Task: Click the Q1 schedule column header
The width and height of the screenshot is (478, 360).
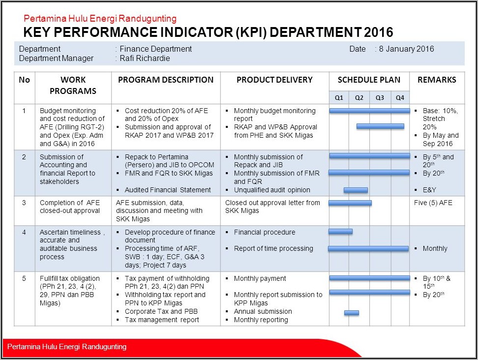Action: coord(339,97)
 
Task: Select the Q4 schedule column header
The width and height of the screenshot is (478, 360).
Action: coord(400,97)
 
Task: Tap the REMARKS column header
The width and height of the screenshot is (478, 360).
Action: coord(437,80)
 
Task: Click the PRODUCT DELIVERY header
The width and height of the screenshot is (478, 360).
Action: coord(274,80)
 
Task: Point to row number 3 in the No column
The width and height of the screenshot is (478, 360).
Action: coord(24,203)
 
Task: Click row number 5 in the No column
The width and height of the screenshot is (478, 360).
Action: coord(24,278)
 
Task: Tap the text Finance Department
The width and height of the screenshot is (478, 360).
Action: coord(156,49)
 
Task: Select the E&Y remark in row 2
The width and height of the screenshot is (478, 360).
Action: coord(429,190)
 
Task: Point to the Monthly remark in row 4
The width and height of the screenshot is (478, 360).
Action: coord(435,248)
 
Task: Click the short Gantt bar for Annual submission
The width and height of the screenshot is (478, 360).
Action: coord(351,313)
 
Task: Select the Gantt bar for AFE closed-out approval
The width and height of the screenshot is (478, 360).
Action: coord(350,203)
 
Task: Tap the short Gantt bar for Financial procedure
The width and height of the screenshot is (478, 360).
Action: coord(340,231)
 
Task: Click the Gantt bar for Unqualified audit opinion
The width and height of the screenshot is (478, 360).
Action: coord(356,190)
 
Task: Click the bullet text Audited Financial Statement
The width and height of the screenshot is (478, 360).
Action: coord(168,190)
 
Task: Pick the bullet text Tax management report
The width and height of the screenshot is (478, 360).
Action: coord(162,320)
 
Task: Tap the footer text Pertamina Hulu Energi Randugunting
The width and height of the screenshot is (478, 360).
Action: coord(67,347)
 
